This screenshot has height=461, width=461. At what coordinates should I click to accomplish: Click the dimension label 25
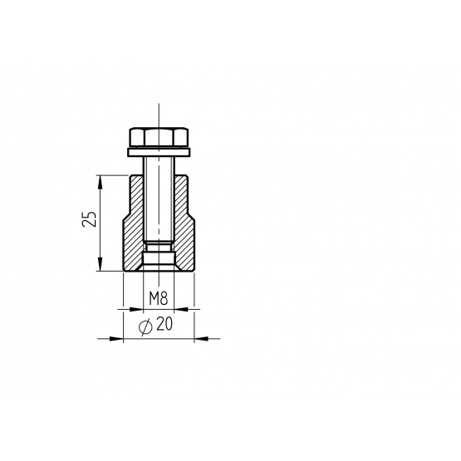click(89, 218)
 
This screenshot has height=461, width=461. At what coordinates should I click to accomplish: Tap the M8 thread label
click(158, 299)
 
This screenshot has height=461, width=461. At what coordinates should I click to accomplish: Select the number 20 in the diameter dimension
click(164, 324)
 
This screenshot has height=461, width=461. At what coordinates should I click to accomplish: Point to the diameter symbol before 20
click(145, 326)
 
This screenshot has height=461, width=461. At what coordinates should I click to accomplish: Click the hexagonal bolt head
click(159, 137)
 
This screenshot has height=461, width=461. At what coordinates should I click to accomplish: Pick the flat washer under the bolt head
click(159, 152)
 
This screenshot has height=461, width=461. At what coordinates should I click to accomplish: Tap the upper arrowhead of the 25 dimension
click(101, 182)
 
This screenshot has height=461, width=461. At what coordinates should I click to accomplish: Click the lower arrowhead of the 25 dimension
click(101, 264)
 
